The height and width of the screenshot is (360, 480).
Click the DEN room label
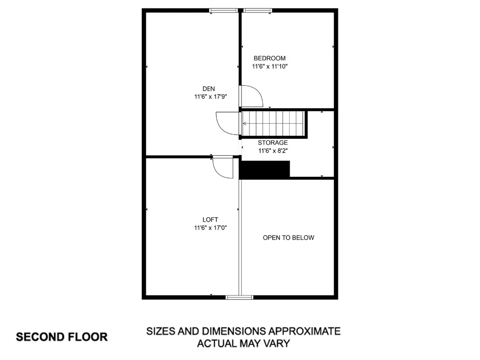point(209,89)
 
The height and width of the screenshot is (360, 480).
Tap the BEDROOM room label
point(270,58)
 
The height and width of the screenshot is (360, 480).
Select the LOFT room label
point(210,219)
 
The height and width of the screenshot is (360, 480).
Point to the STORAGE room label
point(272,142)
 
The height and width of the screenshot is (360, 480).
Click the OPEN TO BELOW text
point(288,238)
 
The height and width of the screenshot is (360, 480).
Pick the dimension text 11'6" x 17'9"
point(210,97)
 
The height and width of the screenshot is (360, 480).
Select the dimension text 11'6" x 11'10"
point(270,66)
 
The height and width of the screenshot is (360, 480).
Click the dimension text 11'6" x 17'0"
point(210,228)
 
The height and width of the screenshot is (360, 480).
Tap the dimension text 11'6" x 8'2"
point(273,150)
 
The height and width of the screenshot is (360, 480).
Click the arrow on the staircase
point(272,124)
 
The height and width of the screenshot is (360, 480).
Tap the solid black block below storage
point(265,170)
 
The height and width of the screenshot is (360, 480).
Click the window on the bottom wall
point(240,297)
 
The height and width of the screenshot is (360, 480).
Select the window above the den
point(224,11)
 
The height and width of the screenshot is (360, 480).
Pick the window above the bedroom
point(258,11)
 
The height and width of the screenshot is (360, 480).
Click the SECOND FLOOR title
point(62,337)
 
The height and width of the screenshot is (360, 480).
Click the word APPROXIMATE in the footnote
point(304,331)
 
